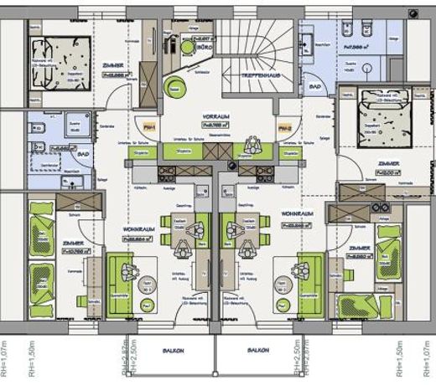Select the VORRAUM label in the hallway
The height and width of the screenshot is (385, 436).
[x=215, y=116]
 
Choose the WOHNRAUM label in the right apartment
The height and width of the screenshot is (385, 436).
[x=298, y=214]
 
